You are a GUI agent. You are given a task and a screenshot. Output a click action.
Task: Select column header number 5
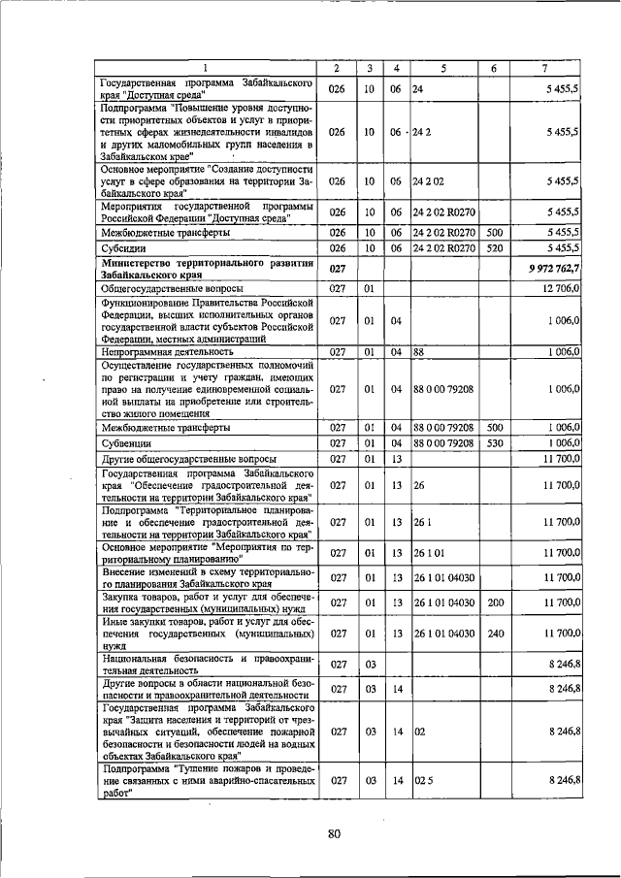pos(443,67)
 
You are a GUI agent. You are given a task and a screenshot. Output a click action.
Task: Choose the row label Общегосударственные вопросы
pos(172,289)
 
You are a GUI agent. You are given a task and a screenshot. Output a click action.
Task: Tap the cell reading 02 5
pos(421,779)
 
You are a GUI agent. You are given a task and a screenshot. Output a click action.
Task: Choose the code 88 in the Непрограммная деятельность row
pos(418,352)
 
